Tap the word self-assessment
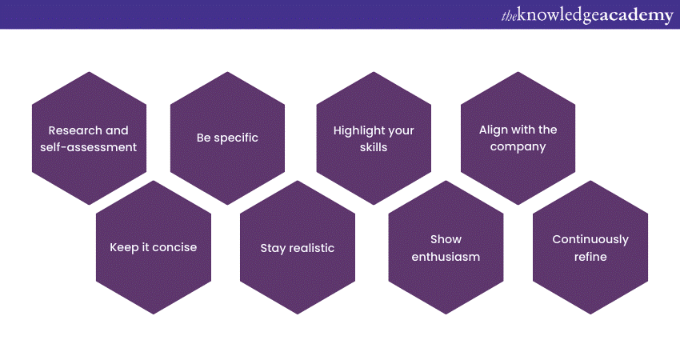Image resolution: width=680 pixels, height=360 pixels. tap(89, 147)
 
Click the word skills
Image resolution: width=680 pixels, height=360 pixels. tap(374, 147)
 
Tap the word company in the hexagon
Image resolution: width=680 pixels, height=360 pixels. tap(518, 147)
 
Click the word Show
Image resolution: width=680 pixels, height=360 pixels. tap(446, 239)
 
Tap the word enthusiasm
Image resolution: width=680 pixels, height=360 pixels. tap(446, 257)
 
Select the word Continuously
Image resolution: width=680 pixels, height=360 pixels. tap(590, 239)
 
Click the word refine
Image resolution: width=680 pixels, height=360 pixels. tap(590, 257)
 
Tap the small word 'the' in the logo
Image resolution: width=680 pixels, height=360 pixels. tap(509, 16)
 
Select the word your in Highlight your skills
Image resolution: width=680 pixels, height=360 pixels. tap(401, 131)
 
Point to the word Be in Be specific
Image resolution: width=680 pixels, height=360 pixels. tap(203, 138)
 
